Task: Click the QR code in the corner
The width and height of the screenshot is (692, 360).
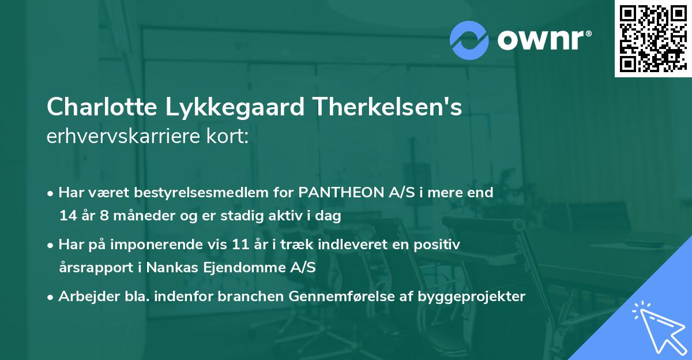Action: (652, 38)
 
